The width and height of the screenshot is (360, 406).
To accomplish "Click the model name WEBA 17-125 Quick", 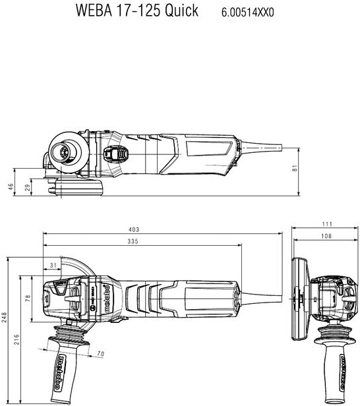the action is click(136, 11).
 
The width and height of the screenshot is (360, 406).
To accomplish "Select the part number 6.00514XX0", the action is click(247, 13).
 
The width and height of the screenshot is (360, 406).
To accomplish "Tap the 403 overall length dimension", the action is click(134, 229).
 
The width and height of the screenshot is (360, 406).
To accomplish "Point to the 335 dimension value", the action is click(133, 241).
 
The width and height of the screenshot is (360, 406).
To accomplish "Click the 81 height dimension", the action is click(295, 168).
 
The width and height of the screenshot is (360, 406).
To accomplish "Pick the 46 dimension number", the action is click(11, 187).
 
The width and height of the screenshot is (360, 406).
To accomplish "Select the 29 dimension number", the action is click(27, 187).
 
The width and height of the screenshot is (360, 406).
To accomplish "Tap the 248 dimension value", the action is click(5, 317).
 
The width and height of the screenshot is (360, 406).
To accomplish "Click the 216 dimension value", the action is click(16, 339).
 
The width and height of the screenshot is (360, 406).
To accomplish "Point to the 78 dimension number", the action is click(28, 299).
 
